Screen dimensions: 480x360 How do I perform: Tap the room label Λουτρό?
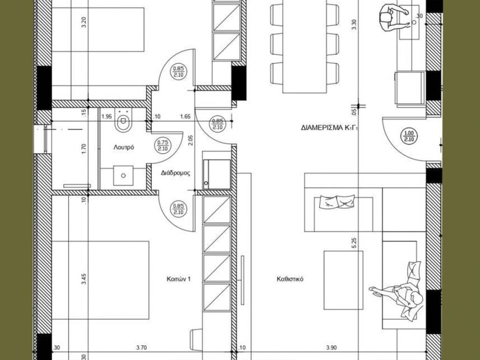tap(124, 147)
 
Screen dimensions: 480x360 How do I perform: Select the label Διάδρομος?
tap(175, 173)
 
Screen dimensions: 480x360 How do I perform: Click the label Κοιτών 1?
tap(179, 279)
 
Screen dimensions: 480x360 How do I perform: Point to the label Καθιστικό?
tap(290, 279)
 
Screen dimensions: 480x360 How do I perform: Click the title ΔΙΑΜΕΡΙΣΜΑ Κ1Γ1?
tap(330, 128)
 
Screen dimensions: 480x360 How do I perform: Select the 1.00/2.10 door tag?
tap(409, 136)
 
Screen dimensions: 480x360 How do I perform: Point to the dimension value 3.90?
tap(331, 347)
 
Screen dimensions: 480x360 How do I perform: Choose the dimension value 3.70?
tap(142, 347)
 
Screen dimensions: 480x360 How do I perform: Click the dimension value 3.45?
tap(84, 279)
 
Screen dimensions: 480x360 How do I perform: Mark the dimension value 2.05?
tap(191, 140)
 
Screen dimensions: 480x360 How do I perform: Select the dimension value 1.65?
tap(185, 116)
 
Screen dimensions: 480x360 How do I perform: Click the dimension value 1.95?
tap(106, 116)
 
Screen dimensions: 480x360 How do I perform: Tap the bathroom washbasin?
tap(123, 175)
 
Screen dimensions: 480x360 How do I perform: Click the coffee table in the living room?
tap(344, 280)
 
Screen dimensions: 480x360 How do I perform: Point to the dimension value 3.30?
tap(354, 24)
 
